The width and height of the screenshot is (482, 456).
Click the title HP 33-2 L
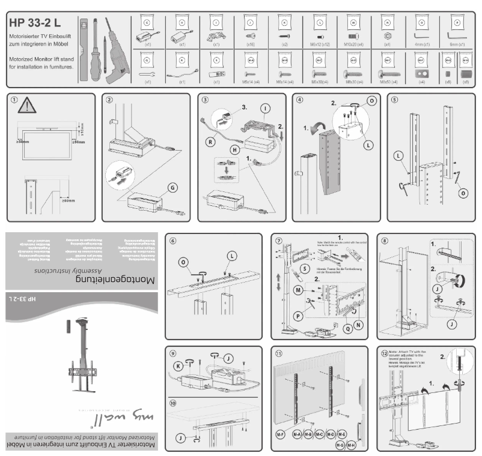[x=35, y=22]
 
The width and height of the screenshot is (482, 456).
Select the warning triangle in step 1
[x=27, y=107]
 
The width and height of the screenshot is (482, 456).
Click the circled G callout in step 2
[x=173, y=188]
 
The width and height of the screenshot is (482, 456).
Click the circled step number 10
[x=173, y=403]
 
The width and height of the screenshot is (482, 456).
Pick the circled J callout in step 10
[x=182, y=437]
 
